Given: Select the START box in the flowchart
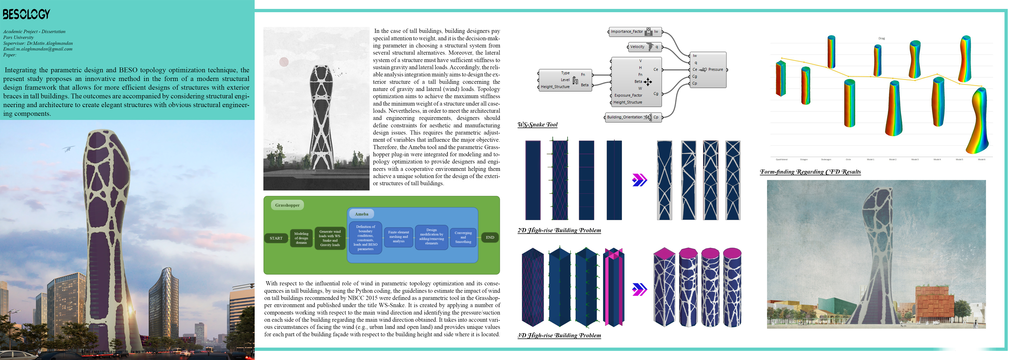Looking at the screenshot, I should coord(276,238).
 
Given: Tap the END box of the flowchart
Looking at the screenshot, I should coord(490,237).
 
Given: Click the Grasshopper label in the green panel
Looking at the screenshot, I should coord(287,205).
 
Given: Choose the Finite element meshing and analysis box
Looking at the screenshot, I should coord(398,237).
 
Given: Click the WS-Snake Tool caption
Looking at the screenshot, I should coord(537,124).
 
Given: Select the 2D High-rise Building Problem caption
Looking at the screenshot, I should coord(559,230).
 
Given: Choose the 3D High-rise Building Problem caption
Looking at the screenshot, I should coord(559,335).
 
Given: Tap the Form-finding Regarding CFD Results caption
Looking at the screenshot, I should coord(810,172).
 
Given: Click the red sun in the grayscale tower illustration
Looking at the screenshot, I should coord(284,62).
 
